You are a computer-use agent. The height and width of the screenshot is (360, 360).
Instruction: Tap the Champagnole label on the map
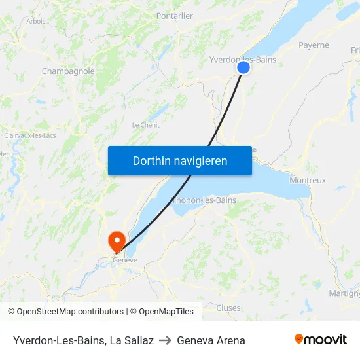coord(68,71)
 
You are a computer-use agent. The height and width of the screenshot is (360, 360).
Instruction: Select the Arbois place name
coord(36,21)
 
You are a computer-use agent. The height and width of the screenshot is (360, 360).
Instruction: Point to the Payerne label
coord(314,45)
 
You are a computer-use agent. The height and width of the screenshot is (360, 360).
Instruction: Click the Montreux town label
coord(307,180)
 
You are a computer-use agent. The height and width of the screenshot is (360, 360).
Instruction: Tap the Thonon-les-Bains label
coord(204,200)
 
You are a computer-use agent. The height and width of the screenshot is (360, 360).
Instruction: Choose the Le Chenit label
coord(145,125)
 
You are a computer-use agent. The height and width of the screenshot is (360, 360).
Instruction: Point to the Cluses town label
coord(228,308)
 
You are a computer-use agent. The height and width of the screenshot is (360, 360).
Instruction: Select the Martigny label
coord(344,293)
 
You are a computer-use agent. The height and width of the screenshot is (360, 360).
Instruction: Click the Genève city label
coord(125,260)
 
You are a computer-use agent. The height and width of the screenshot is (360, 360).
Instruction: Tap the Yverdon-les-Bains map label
coord(242,60)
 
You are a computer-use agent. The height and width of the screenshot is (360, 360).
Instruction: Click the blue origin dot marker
coord(243,67)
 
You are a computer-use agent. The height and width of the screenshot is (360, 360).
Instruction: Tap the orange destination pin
coord(118,242)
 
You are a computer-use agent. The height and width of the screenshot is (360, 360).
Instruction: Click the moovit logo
coord(320,339)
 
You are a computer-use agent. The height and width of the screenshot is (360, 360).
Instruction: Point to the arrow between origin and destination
coord(165,340)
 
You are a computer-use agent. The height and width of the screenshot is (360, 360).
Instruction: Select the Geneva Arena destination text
coord(211,340)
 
